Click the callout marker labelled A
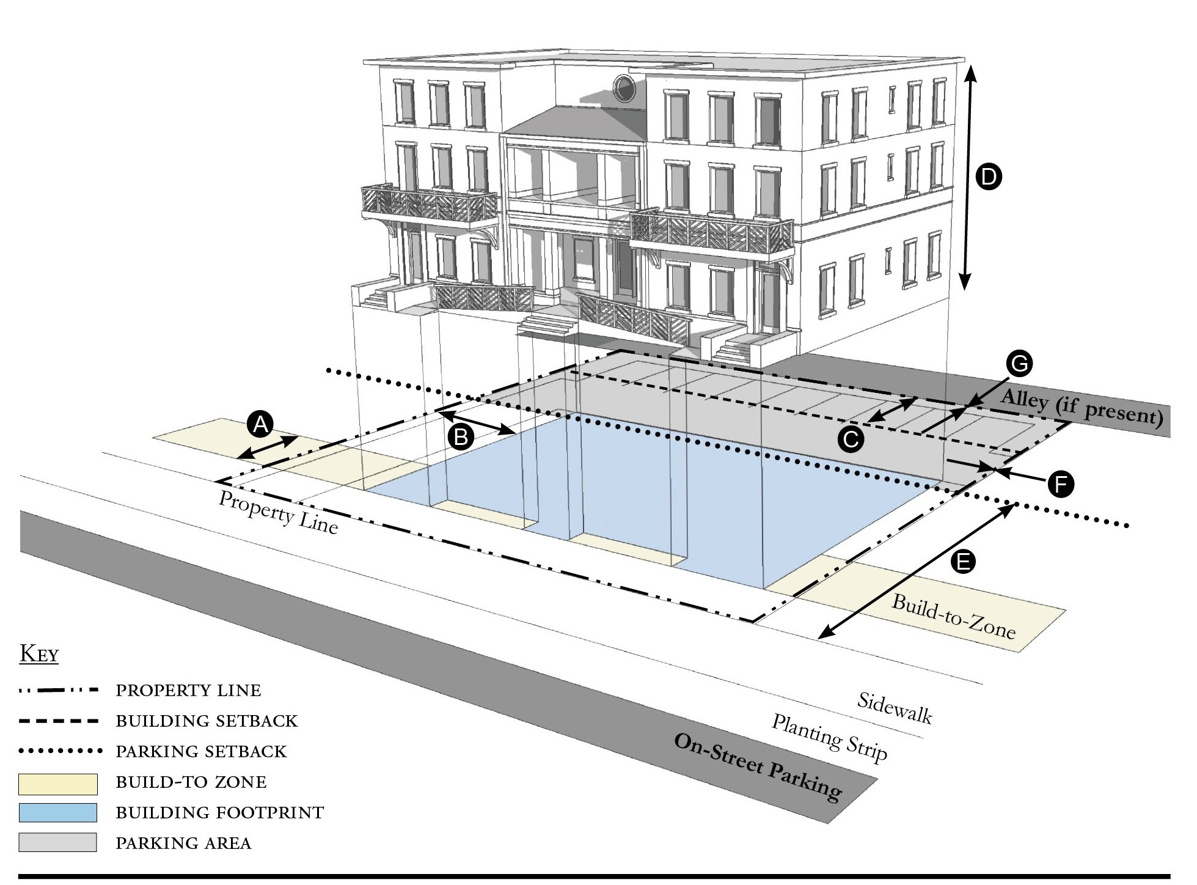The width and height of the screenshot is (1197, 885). pos(261,424)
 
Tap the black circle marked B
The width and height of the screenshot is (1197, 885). pos(461,437)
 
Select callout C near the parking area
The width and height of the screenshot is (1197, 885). pos(851,439)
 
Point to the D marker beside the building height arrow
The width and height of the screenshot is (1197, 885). pos(988,177)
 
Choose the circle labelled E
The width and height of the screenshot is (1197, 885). pos(964,561)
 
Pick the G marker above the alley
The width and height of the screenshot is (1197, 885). pos(1019,364)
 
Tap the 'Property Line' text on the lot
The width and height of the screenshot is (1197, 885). pos(278,512)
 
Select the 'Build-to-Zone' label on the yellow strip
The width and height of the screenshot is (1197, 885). pos(953,615)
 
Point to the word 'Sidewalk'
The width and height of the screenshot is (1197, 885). pos(895,708)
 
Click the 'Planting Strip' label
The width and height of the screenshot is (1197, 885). pos(829,737)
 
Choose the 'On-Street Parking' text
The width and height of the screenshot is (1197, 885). pos(758,766)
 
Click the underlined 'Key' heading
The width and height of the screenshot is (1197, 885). pos(39,654)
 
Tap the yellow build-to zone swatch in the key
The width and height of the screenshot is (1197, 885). pos(57,783)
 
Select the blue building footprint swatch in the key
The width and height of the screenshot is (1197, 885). pos(57,813)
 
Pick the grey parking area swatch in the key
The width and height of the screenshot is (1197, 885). pos(57,843)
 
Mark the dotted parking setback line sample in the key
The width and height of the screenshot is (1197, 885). pos(59,751)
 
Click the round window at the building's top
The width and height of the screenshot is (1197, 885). pos(624,88)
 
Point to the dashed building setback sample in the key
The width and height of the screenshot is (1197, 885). pos(59,721)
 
